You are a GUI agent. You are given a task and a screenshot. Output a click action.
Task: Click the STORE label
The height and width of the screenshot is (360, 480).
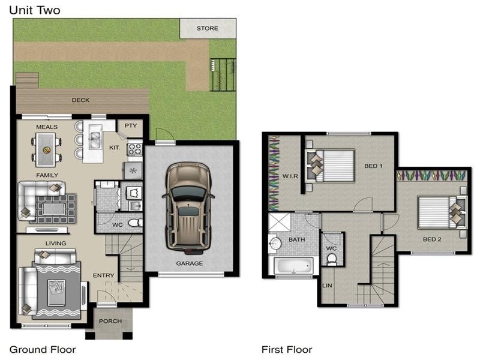pos(207,28)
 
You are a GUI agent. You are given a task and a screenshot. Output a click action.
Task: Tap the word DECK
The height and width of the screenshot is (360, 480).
pos(80,100)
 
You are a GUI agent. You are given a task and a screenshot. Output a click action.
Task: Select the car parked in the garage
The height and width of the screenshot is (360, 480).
pos(188,208)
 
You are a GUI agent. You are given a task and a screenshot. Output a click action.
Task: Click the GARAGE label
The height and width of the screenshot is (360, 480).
pos(190,263)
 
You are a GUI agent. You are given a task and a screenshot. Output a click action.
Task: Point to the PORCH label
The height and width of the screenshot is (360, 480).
pos(110,321)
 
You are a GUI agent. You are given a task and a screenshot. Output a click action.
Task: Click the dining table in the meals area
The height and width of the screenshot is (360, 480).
pos(46,149)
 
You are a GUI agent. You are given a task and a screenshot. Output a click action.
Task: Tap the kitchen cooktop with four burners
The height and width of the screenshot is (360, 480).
pos(134,149)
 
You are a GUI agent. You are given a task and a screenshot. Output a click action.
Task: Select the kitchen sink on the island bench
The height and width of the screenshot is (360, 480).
pos(95,140)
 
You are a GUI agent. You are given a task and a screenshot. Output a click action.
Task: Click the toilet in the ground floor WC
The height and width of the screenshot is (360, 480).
pos(134,223)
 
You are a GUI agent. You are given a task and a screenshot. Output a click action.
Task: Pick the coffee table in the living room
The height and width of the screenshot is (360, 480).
pos(56,292)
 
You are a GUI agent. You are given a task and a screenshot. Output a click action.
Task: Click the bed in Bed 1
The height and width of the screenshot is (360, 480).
pos(331,166)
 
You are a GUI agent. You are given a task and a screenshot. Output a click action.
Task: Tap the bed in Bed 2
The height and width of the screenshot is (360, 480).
pos(442,212)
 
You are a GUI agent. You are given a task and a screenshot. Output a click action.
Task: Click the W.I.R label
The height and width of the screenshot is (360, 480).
pos(290,176)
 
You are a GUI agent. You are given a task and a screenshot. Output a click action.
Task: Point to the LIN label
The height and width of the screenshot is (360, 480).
pos(327,286)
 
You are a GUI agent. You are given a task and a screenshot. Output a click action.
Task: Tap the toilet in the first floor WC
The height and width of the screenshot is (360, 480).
pos(332,259)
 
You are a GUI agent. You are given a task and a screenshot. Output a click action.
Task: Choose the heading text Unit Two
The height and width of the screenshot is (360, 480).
pos(35,10)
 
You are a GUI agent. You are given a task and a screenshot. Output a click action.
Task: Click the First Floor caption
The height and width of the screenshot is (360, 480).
pos(287,349)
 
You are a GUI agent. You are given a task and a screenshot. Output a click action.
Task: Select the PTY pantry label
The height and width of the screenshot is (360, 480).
pos(131,125)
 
